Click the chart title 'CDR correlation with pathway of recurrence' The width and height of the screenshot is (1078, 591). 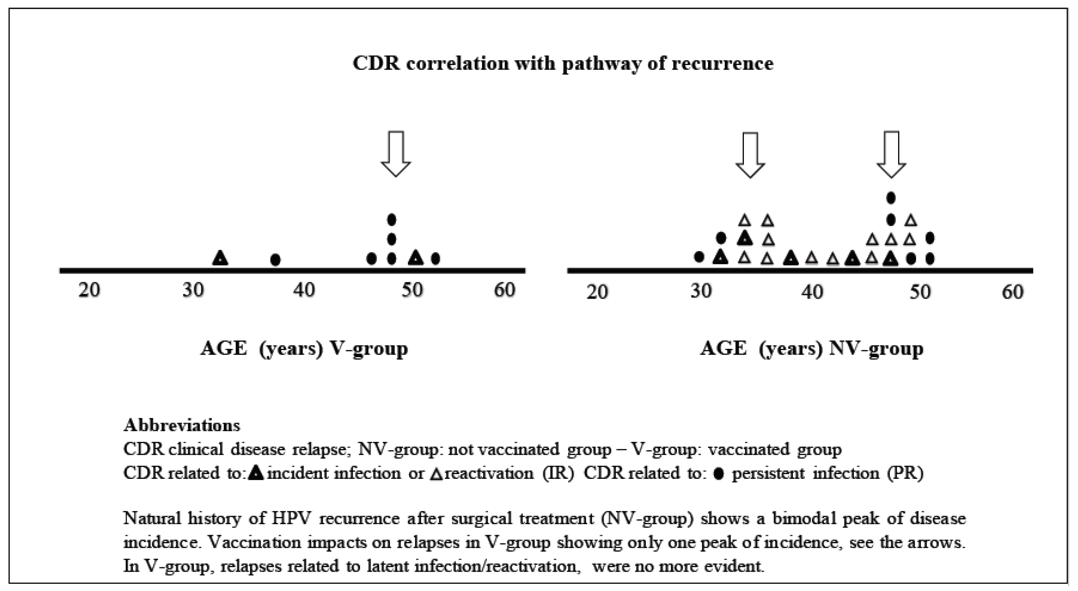pyautogui.click(x=563, y=64)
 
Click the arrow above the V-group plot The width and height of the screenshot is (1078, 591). pyautogui.click(x=396, y=153)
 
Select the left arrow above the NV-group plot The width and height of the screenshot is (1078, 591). pyautogui.click(x=750, y=155)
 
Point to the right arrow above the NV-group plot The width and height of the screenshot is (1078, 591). pyautogui.click(x=891, y=154)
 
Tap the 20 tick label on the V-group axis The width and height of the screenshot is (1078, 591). pyautogui.click(x=89, y=289)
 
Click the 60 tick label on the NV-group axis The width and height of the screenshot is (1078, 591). pyautogui.click(x=1012, y=291)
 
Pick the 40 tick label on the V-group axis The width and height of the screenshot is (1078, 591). pyautogui.click(x=303, y=289)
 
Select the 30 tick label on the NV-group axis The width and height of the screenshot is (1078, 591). pyautogui.click(x=701, y=291)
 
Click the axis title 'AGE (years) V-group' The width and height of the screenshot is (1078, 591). pyautogui.click(x=304, y=348)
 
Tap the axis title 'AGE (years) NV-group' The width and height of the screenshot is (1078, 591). pyautogui.click(x=812, y=348)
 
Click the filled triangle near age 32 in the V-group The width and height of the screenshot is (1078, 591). pyautogui.click(x=220, y=258)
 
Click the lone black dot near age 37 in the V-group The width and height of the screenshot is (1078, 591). pyautogui.click(x=275, y=260)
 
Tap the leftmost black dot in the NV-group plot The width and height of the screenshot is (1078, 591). pyautogui.click(x=699, y=257)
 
